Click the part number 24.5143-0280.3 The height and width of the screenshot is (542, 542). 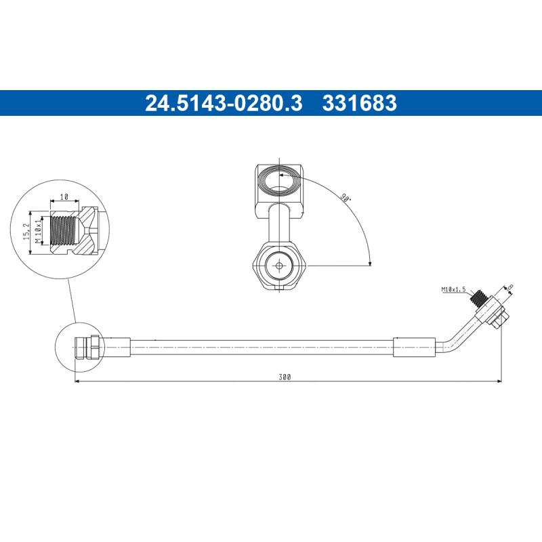(224, 103)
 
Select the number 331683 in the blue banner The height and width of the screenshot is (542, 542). (359, 103)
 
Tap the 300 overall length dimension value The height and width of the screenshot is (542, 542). (285, 377)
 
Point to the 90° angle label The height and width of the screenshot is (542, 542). (346, 199)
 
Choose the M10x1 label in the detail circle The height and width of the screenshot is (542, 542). (39, 231)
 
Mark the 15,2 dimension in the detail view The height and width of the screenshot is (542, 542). (26, 231)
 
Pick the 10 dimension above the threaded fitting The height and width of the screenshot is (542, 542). (64, 196)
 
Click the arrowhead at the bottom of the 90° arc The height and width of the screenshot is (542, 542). (369, 264)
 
